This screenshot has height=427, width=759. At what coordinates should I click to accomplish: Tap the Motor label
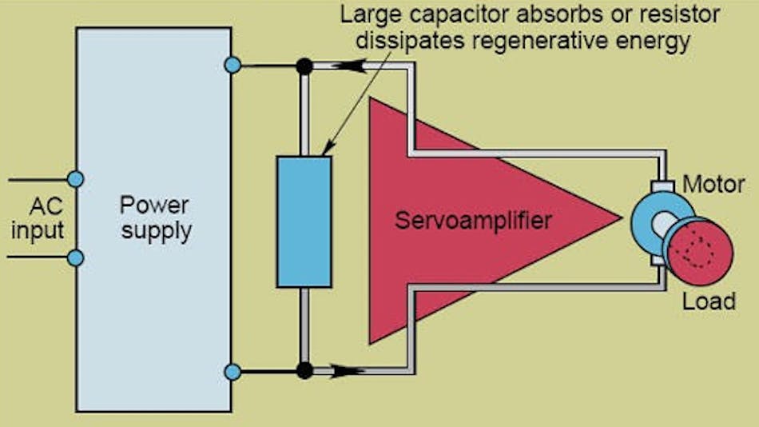click(x=713, y=186)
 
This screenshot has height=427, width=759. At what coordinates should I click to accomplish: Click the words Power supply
click(x=156, y=218)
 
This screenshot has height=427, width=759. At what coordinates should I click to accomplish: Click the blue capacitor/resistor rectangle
click(x=304, y=221)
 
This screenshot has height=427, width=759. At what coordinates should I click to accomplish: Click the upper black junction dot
click(x=304, y=66)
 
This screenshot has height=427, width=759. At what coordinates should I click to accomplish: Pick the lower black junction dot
click(x=304, y=370)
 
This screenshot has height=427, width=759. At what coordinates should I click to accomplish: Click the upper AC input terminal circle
click(x=76, y=179)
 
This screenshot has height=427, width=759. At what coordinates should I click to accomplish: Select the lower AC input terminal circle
click(x=76, y=257)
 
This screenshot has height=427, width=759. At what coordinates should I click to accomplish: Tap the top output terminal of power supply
click(x=232, y=66)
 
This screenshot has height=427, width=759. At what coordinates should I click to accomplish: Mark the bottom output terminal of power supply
click(x=232, y=371)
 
